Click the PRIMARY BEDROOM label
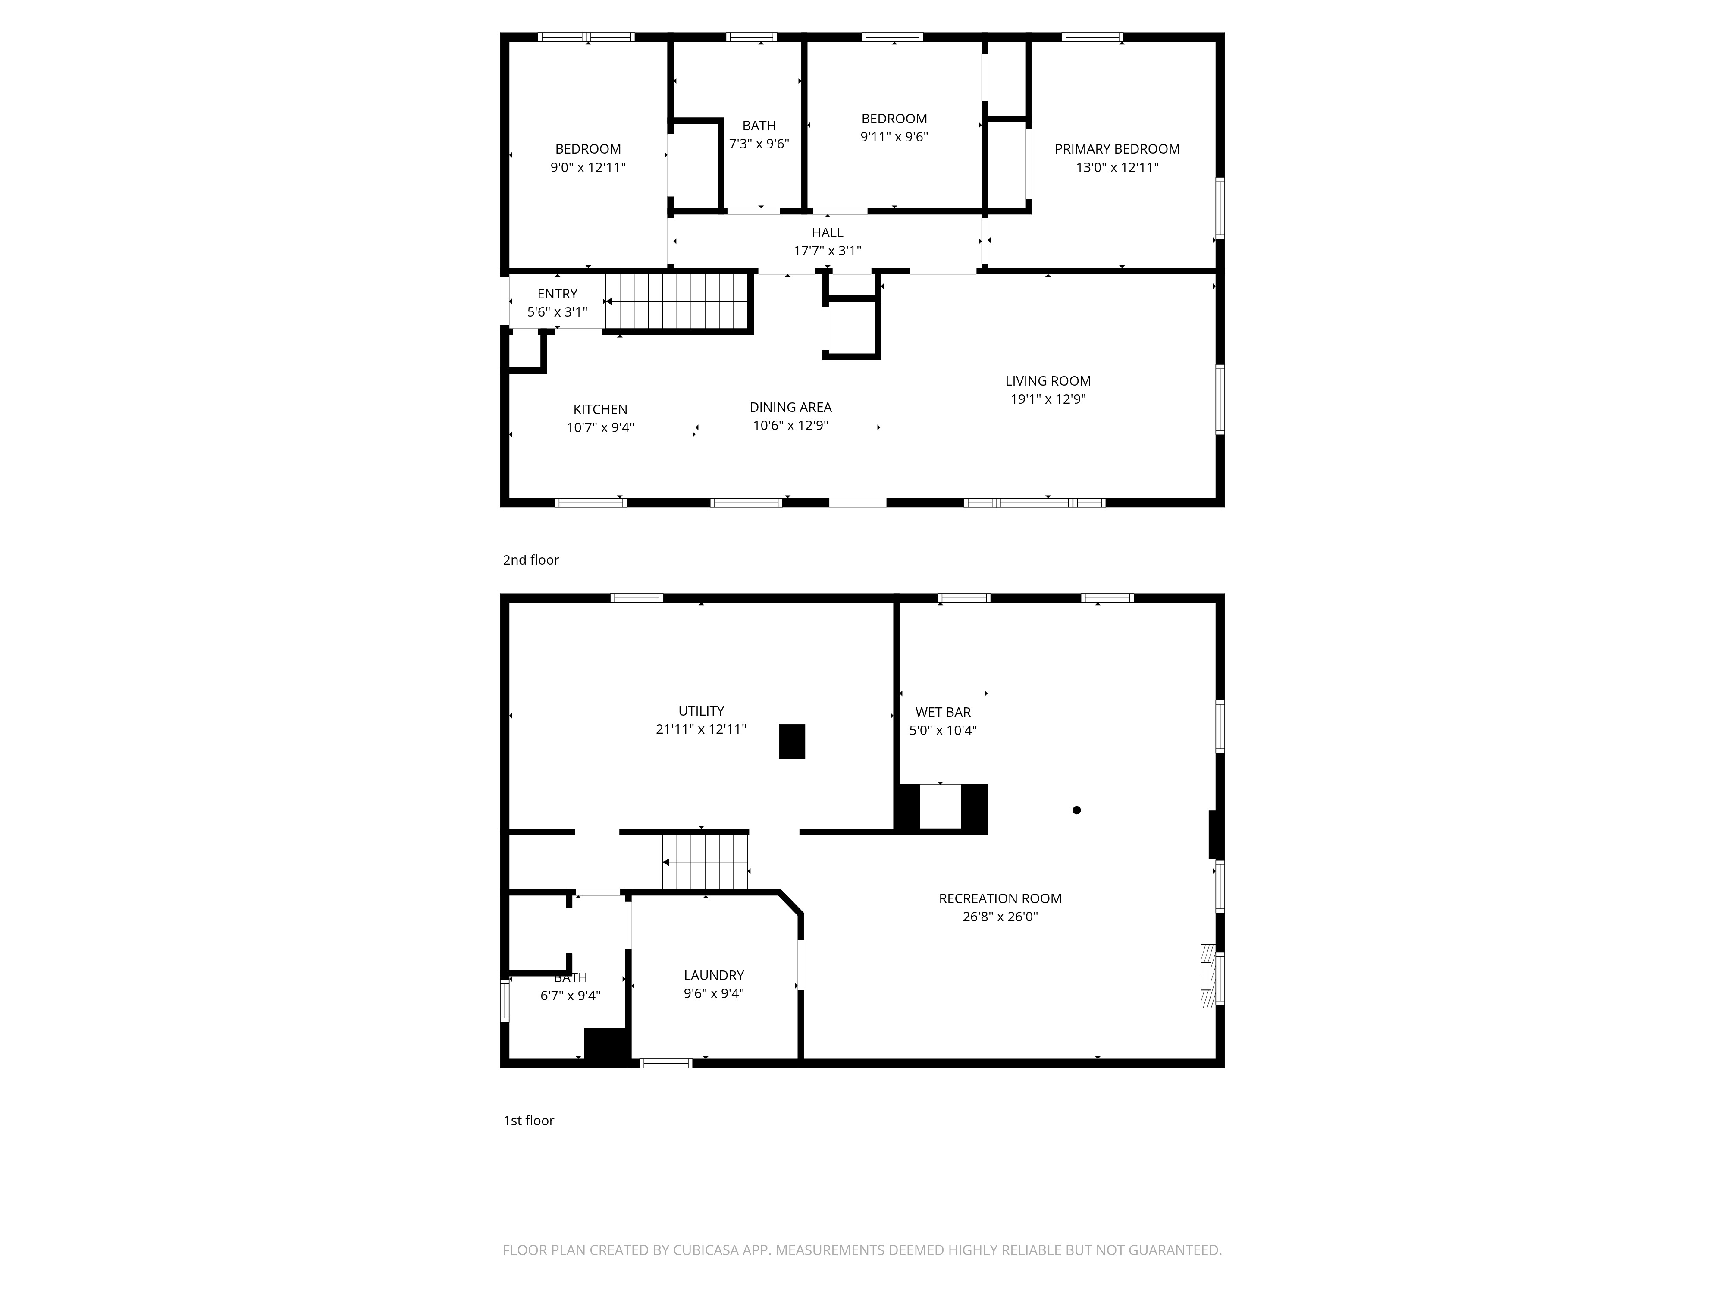pos(1117,149)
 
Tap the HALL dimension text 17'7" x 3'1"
pos(828,250)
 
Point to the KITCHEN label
pos(600,409)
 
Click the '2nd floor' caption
pos(531,560)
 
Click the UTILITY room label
pos(701,711)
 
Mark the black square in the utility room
pos(791,741)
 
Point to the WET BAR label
pos(943,712)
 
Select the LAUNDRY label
pos(714,976)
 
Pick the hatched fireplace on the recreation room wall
pos(1208,977)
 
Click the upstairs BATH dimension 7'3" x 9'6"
pos(759,144)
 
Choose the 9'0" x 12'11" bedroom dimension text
pos(588,167)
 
